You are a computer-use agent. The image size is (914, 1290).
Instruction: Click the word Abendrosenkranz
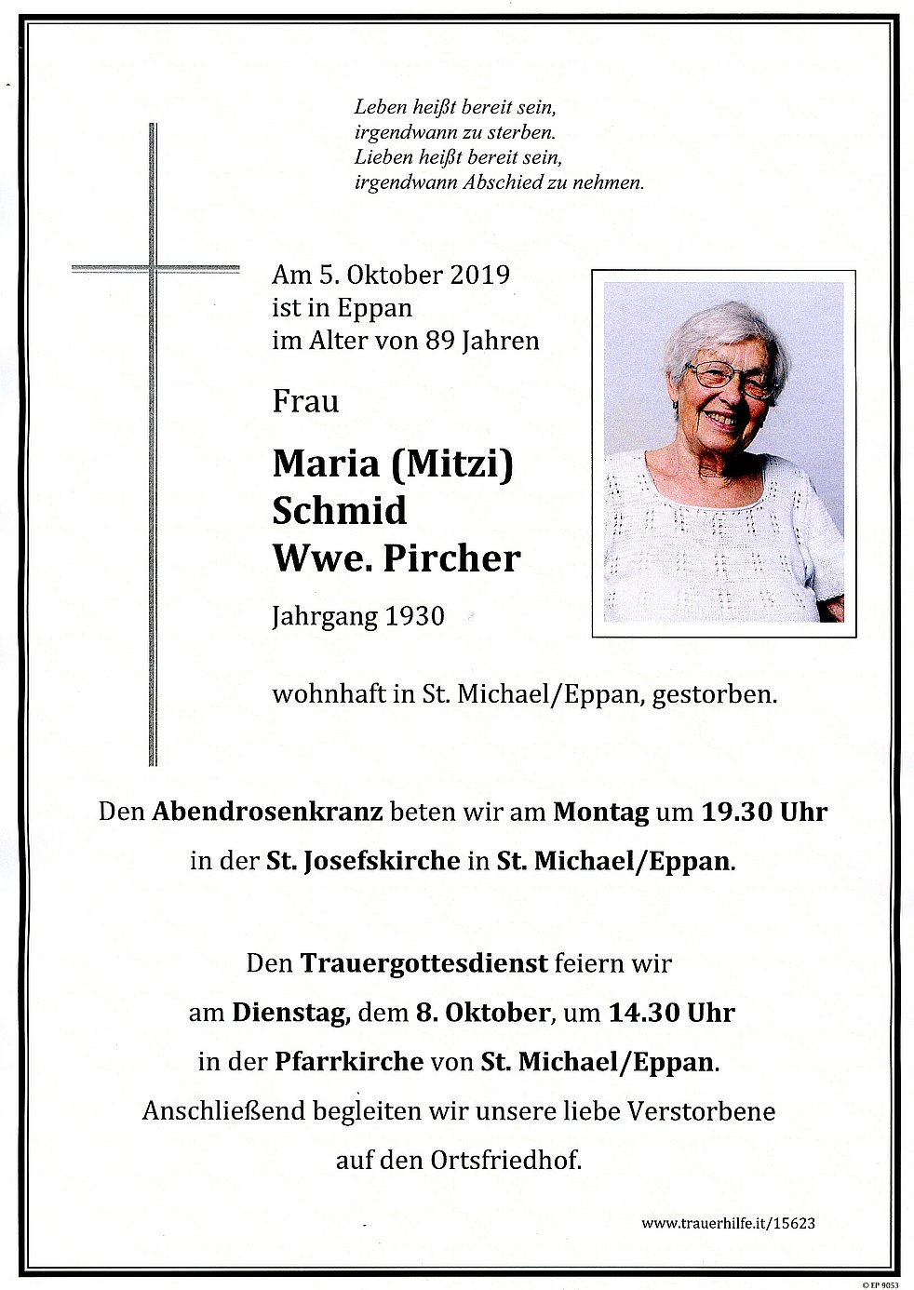click(x=267, y=812)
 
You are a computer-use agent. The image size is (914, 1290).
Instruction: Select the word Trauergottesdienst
click(x=423, y=963)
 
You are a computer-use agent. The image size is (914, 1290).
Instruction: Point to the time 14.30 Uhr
click(x=671, y=1013)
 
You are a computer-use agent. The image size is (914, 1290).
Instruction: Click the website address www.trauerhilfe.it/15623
click(x=728, y=1223)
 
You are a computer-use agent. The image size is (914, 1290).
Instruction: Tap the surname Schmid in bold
click(x=340, y=510)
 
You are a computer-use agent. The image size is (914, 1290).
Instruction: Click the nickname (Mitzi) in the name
click(x=451, y=463)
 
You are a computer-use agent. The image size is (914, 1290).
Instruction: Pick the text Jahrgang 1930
click(x=358, y=616)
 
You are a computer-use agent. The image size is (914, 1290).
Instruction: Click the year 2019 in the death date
click(x=479, y=275)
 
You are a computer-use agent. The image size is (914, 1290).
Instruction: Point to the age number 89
click(x=439, y=341)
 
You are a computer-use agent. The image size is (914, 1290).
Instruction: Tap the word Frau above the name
click(x=305, y=402)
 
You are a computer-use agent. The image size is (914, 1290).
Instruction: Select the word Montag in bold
click(x=600, y=812)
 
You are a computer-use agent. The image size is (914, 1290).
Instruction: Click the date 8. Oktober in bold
click(x=483, y=1013)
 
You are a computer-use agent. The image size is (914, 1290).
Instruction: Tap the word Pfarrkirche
click(x=349, y=1062)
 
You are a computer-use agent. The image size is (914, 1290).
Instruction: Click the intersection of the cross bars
click(x=154, y=269)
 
